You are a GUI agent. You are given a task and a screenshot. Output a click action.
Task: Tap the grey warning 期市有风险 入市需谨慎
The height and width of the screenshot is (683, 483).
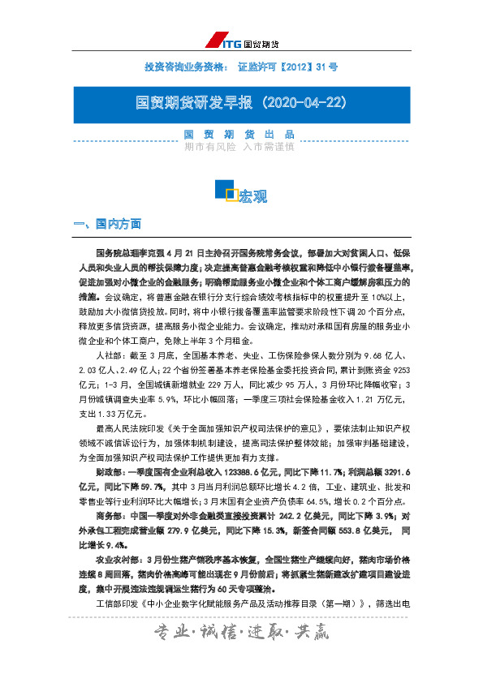[239, 147]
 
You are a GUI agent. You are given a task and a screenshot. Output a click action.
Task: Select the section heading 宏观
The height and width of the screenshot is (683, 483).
[252, 196]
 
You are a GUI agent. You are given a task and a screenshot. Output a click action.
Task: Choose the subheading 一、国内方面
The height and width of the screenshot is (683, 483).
[107, 223]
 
